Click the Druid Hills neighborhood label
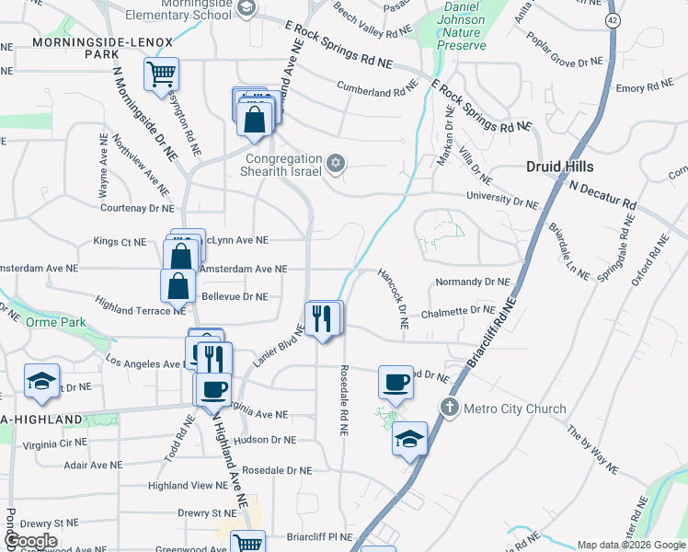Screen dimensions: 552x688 [559, 167]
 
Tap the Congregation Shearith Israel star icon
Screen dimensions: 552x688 [336, 164]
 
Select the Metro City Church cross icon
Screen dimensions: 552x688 [449, 408]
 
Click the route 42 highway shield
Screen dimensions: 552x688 [612, 19]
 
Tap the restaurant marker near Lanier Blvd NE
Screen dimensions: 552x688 [322, 318]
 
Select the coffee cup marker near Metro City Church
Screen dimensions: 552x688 [396, 382]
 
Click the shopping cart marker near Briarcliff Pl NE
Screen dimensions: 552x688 [247, 544]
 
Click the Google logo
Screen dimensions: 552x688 [31, 541]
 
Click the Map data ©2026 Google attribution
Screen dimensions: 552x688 [630, 545]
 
